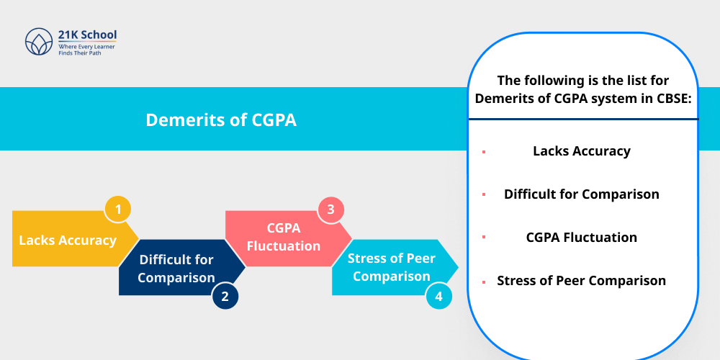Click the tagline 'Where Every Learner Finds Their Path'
(86, 49)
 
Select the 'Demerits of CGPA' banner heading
(221, 120)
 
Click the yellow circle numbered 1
(118, 210)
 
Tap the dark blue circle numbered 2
(225, 295)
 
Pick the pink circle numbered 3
(330, 210)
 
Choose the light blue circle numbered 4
(438, 295)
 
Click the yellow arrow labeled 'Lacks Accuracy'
(68, 240)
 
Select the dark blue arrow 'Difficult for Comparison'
(176, 268)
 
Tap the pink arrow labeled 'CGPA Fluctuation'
(284, 237)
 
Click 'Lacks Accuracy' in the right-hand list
(582, 151)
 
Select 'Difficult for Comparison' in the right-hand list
(582, 194)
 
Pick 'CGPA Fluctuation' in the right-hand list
(582, 238)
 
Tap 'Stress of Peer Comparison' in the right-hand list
(582, 281)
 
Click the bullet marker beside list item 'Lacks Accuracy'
(484, 152)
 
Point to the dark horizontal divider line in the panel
(583, 119)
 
